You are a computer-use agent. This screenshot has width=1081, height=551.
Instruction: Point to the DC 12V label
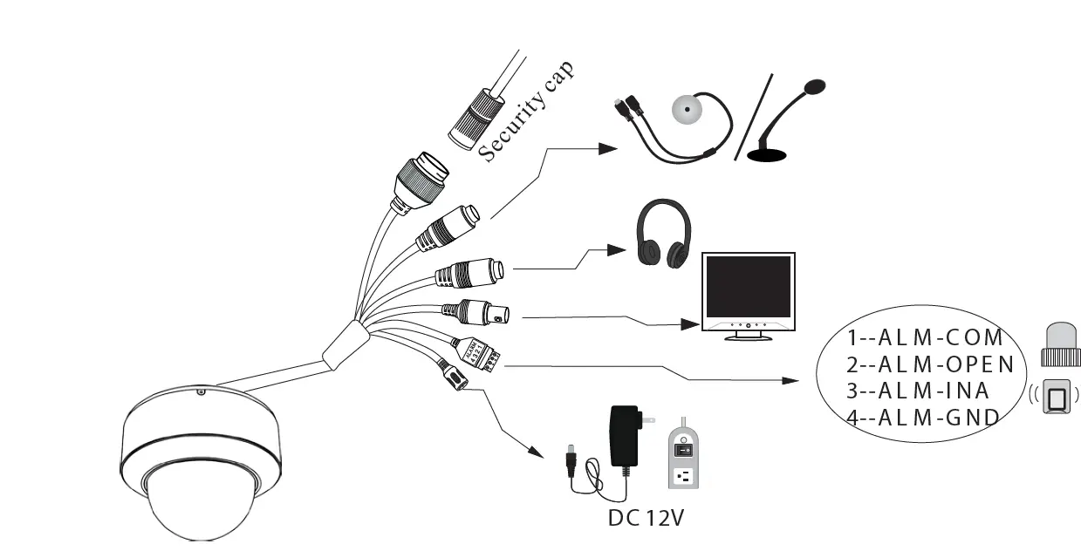tap(646, 517)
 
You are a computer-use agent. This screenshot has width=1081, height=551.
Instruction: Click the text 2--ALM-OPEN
tap(930, 364)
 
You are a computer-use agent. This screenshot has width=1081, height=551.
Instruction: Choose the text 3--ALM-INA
tap(918, 390)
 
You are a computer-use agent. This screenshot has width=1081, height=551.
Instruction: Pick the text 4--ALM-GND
tap(923, 417)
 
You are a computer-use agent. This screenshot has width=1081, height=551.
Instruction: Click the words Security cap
tap(527, 112)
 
